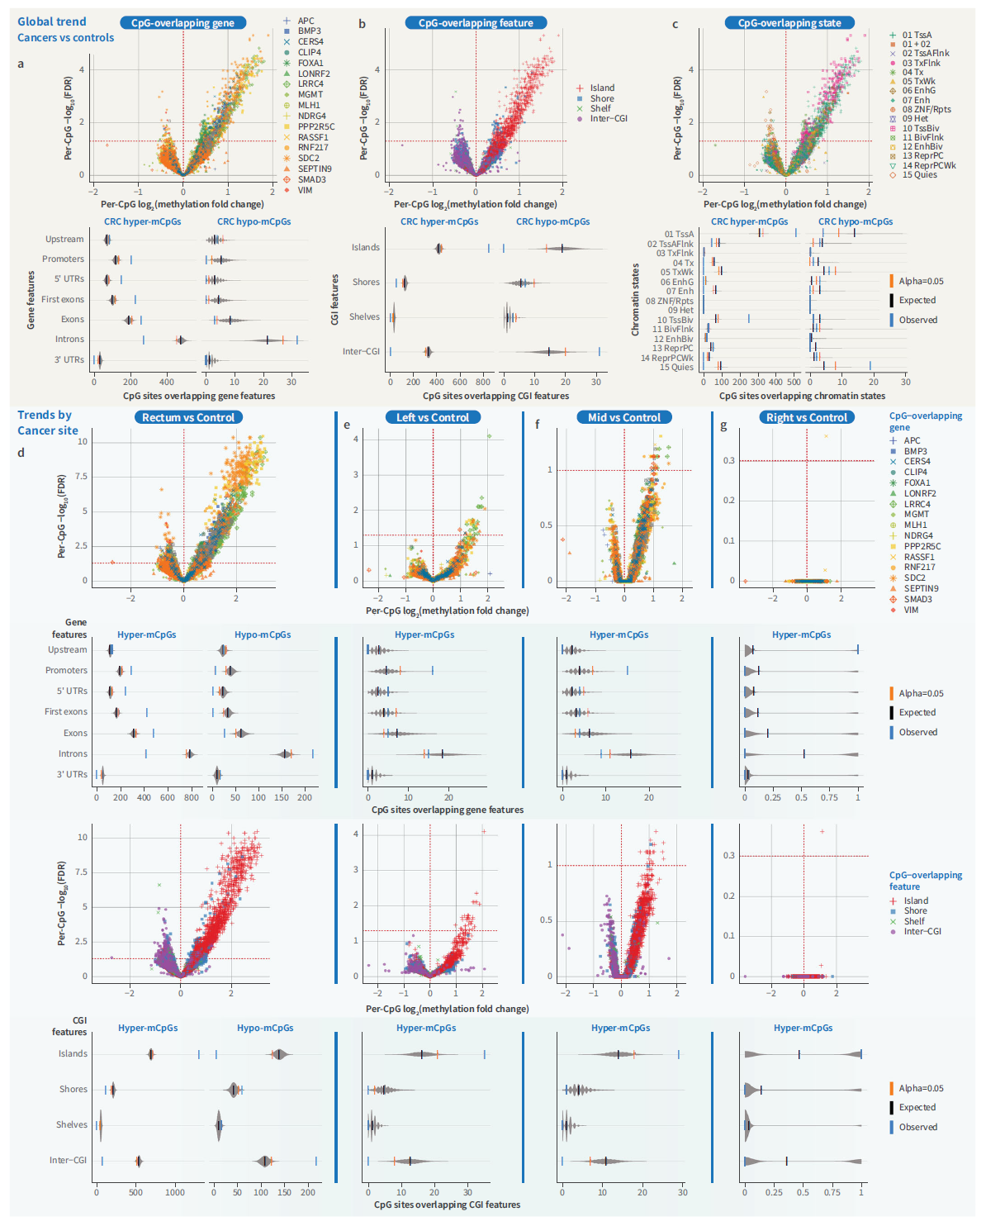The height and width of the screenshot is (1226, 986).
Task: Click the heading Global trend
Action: click(51, 21)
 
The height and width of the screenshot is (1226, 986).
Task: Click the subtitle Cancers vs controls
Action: click(65, 38)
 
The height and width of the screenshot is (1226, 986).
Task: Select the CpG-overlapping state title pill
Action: click(789, 23)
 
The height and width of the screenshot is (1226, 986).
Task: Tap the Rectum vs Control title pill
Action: click(188, 417)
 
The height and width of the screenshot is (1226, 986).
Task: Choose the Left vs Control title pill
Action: click(433, 417)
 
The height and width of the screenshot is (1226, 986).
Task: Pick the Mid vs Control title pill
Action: click(624, 417)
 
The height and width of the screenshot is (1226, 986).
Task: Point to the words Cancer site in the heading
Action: click(48, 430)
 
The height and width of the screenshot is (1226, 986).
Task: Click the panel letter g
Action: click(723, 425)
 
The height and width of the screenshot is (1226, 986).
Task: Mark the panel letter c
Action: click(675, 25)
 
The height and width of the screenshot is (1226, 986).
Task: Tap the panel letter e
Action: click(347, 425)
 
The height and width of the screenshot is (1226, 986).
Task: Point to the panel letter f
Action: click(538, 425)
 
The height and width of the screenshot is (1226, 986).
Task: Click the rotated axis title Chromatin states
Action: click(635, 300)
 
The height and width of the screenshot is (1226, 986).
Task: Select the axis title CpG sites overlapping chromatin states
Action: click(802, 396)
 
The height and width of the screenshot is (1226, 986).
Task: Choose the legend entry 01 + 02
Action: click(916, 45)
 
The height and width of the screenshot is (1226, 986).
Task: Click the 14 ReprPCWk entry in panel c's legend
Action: click(928, 165)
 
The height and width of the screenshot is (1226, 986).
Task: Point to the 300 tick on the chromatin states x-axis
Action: click(757, 383)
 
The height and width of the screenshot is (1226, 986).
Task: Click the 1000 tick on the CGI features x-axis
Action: click(174, 1192)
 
